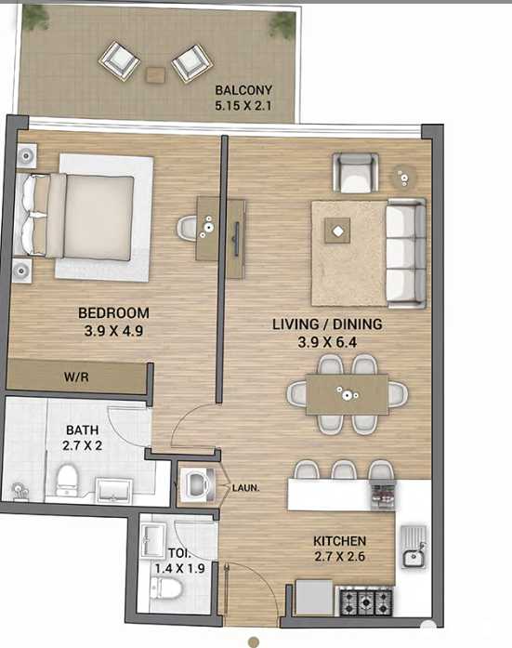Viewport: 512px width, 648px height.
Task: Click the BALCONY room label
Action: (243, 90)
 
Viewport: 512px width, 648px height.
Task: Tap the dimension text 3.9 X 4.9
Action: (113, 328)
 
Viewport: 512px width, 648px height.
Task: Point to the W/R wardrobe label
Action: (75, 377)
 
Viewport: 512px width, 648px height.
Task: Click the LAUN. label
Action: (245, 485)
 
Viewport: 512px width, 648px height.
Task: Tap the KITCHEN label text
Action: (339, 541)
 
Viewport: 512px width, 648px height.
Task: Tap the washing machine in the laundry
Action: (198, 483)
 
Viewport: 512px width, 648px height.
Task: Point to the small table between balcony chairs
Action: (155, 73)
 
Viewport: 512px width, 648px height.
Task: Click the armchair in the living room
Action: (356, 172)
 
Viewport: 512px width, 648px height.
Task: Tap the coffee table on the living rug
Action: (338, 231)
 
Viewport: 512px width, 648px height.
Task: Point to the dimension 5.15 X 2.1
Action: (243, 105)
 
